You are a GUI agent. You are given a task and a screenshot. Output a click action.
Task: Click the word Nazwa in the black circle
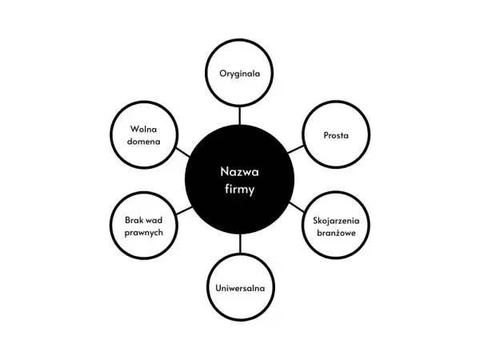[x=239, y=172]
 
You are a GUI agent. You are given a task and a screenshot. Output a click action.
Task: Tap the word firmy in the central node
[x=239, y=189]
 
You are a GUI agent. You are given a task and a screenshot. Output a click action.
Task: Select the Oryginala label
[x=240, y=74]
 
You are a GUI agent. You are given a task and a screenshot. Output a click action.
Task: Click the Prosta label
[x=336, y=135]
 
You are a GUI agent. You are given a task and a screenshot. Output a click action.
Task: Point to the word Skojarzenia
[x=336, y=221]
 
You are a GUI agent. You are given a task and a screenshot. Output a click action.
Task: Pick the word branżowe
[x=336, y=233]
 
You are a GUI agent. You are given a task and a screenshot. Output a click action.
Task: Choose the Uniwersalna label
[x=240, y=288]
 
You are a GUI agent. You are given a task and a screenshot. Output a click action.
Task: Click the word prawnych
[x=143, y=233]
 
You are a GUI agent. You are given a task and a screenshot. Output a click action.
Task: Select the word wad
[x=154, y=220]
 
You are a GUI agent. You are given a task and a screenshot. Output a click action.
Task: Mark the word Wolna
[x=143, y=129]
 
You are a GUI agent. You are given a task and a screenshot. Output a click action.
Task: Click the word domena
[x=143, y=142]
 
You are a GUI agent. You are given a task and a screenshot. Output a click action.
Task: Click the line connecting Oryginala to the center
[x=240, y=115]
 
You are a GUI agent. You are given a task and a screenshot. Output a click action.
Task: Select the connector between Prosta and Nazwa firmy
[x=296, y=150]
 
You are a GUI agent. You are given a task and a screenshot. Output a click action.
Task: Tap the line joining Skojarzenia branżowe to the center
[x=297, y=207]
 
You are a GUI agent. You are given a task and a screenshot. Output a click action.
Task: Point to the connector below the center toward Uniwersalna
[x=240, y=244]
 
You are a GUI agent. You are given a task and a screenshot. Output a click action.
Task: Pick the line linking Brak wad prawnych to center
[x=184, y=210]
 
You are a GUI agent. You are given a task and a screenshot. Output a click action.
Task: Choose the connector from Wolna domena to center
[x=183, y=152]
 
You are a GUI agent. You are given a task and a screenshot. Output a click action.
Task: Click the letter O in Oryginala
[x=223, y=74]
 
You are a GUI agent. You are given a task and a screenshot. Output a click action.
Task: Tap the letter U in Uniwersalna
[x=218, y=288]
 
